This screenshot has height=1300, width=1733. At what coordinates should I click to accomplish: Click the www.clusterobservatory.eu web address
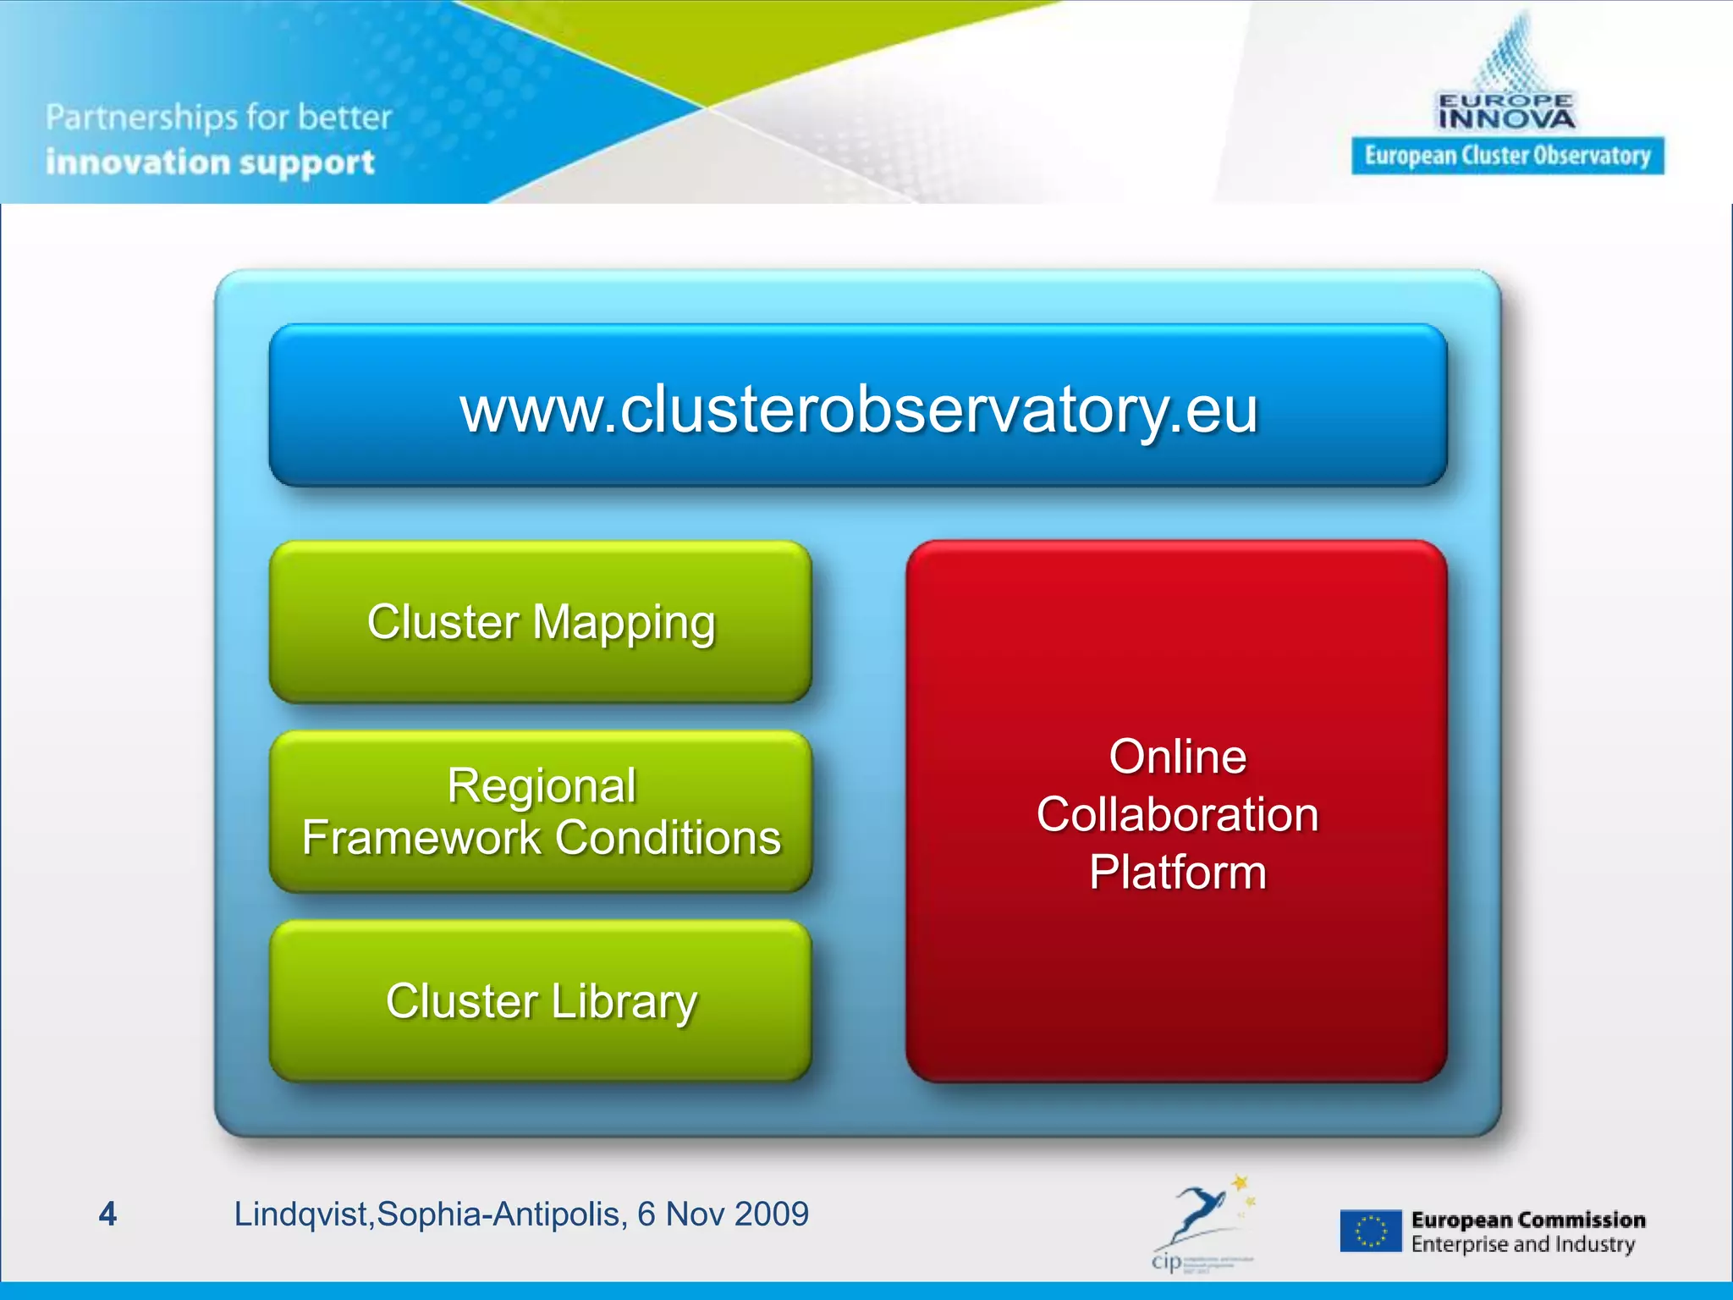coord(858,410)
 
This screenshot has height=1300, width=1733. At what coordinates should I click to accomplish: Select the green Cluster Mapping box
coord(541,622)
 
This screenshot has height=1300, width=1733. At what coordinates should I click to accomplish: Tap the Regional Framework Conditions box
coord(541,812)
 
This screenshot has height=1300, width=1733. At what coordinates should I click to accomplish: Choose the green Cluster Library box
coord(541,1001)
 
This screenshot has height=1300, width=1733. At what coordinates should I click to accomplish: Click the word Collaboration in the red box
coord(1177,815)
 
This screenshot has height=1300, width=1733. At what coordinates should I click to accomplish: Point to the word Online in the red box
coord(1177,757)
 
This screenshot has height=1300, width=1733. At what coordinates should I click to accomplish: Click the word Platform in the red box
coord(1177,873)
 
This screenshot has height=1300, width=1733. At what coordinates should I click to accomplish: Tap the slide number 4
coord(107,1214)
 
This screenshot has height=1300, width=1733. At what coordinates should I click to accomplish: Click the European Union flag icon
coord(1370,1231)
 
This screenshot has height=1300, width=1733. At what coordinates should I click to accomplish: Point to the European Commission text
coord(1528,1220)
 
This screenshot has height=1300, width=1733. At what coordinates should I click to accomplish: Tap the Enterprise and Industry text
coord(1522,1244)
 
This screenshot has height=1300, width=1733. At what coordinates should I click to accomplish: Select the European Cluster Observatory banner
coord(1507,157)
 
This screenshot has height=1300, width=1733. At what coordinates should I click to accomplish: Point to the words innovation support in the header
coord(210,162)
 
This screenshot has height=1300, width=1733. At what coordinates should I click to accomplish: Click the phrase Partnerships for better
coord(218,118)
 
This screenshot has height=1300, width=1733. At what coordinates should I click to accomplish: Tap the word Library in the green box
coord(624,1002)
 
